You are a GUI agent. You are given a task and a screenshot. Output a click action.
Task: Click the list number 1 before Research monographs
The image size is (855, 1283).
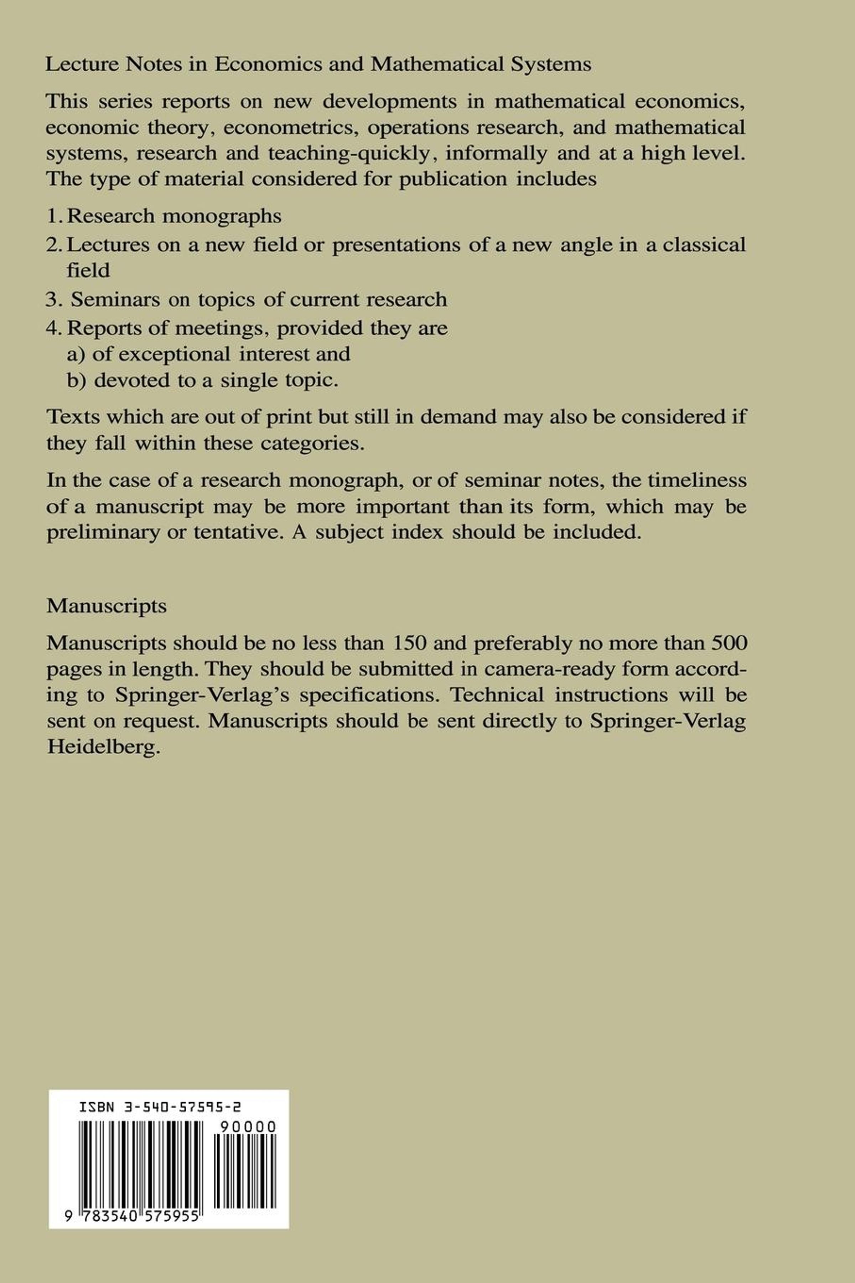pos(52,216)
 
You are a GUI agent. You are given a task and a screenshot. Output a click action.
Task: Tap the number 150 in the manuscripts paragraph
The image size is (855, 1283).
pos(409,643)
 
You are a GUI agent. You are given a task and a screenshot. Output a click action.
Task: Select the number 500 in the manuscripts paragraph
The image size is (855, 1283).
pos(729,643)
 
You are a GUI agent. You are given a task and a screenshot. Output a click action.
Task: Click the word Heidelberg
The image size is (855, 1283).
pos(104,746)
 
